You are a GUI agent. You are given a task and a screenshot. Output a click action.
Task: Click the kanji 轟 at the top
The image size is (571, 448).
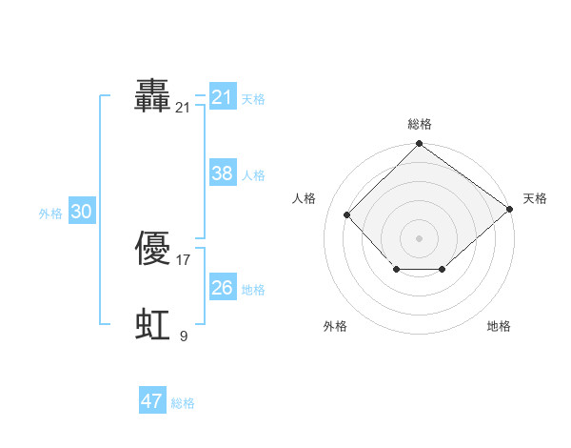click(152, 97)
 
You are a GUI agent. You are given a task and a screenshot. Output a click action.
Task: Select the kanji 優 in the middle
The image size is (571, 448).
click(152, 249)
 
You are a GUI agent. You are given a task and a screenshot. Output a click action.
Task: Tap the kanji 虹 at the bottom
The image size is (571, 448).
click(152, 325)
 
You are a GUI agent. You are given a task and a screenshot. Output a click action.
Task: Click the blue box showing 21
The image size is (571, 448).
click(222, 97)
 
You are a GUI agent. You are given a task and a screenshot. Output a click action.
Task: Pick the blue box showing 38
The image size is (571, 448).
click(222, 173)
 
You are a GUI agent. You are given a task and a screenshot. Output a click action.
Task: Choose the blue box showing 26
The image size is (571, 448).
click(222, 287)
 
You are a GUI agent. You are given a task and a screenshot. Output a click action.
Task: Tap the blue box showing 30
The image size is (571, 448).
click(81, 212)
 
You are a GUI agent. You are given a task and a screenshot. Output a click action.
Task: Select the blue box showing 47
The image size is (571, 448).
click(152, 401)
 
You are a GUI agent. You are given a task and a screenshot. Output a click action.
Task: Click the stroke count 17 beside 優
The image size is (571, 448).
click(184, 259)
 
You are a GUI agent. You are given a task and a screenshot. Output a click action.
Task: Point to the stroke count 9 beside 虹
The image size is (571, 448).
click(184, 336)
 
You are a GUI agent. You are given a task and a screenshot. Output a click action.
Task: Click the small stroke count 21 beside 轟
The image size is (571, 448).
click(183, 108)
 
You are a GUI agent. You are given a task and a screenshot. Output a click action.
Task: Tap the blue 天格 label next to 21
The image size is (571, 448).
click(253, 98)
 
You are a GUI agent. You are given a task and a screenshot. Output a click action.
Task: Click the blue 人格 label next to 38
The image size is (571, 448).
click(253, 174)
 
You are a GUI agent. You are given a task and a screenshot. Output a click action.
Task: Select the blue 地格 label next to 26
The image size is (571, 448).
click(253, 289)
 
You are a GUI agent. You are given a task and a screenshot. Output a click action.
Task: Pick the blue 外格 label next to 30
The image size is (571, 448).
click(50, 214)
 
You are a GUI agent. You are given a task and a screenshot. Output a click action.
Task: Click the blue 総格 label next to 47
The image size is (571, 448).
click(183, 403)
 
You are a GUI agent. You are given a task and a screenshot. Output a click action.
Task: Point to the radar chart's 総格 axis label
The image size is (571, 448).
click(420, 124)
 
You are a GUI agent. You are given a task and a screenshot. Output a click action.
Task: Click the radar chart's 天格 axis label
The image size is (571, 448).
click(535, 198)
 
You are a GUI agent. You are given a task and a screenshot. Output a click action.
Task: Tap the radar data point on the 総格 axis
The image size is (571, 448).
click(419, 145)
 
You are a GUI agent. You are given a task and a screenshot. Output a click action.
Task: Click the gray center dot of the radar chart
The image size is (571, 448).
click(419, 237)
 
